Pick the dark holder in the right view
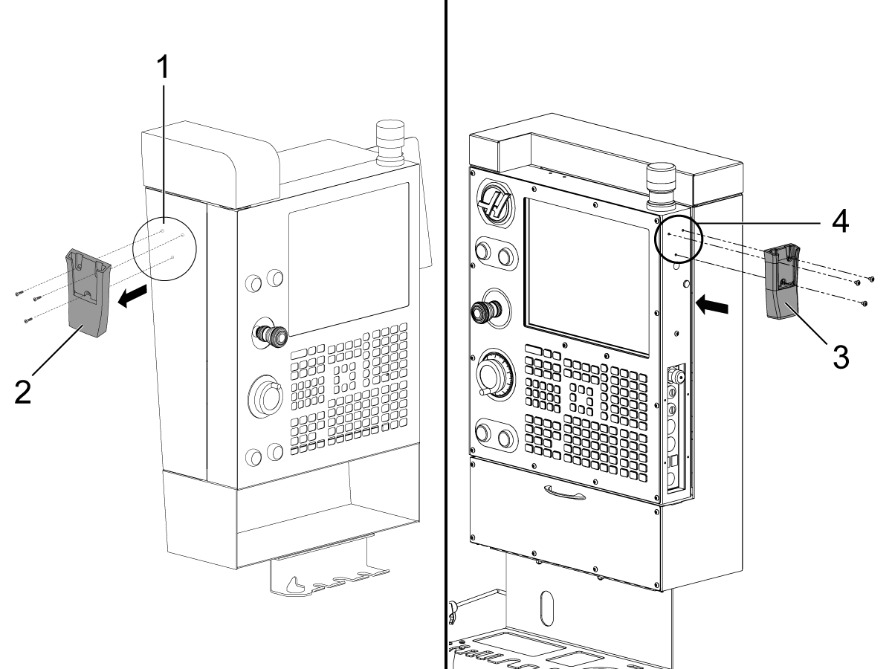[780, 286]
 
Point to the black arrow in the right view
[711, 304]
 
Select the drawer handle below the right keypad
[565, 490]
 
